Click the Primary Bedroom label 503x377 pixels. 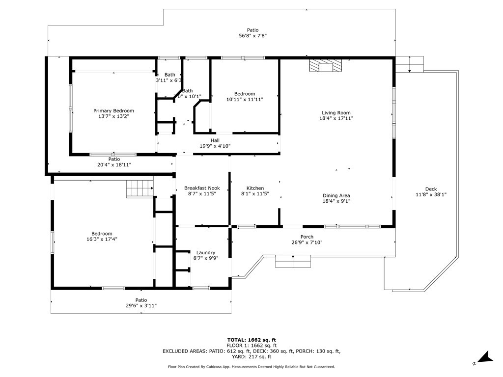tap(113, 111)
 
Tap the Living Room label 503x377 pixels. tap(336, 112)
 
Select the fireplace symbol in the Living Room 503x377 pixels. tap(324, 66)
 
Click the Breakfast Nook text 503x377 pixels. tap(202, 188)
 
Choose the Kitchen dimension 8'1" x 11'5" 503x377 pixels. tap(255, 194)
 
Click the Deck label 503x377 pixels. tap(431, 189)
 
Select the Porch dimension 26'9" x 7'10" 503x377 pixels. tap(307, 242)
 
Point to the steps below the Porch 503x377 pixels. tap(293, 262)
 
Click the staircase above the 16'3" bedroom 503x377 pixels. tap(140, 188)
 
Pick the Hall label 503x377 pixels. tap(215, 140)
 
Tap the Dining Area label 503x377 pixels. tap(336, 195)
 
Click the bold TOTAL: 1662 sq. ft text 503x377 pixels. tap(251, 340)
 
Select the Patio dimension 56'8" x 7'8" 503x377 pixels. tap(252, 36)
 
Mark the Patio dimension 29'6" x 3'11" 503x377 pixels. tap(141, 306)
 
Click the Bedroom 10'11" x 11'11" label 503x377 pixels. tap(245, 94)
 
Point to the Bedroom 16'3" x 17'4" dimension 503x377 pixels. tap(102, 239)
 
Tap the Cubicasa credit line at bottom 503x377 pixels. tap(251, 367)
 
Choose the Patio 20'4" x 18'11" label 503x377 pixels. tap(114, 165)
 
